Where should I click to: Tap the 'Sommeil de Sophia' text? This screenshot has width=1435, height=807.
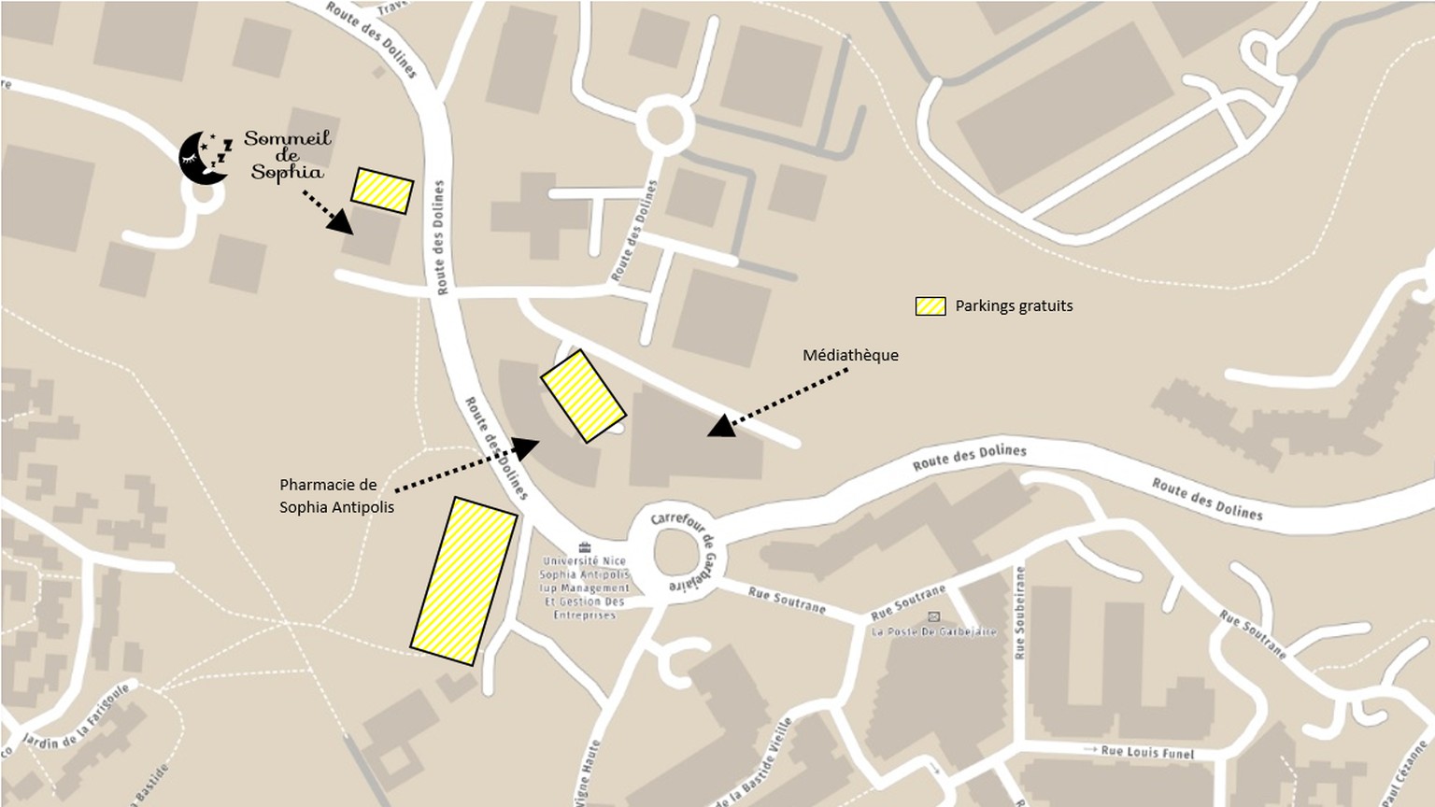coord(288,155)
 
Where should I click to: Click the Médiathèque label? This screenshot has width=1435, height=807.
coord(850,355)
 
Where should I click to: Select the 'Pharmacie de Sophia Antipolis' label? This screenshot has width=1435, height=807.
coord(336,496)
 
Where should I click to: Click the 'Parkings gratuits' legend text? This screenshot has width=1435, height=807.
coord(1014,305)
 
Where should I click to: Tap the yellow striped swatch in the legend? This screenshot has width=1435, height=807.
coord(931,306)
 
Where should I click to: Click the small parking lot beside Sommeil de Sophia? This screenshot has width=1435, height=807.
coord(382,191)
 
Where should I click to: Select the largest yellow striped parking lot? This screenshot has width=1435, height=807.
coord(463,581)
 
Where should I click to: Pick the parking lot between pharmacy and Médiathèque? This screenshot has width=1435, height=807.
coord(583,396)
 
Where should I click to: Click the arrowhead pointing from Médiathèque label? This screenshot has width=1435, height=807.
coord(720,427)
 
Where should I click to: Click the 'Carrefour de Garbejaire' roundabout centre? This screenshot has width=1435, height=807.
coord(676,553)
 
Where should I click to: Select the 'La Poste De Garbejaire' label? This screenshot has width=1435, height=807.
coord(933,631)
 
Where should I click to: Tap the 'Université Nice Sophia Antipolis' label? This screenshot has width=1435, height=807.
coord(585,588)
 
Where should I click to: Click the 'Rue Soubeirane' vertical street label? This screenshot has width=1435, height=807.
coord(1019,612)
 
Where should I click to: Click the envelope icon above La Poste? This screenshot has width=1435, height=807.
coord(933,616)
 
